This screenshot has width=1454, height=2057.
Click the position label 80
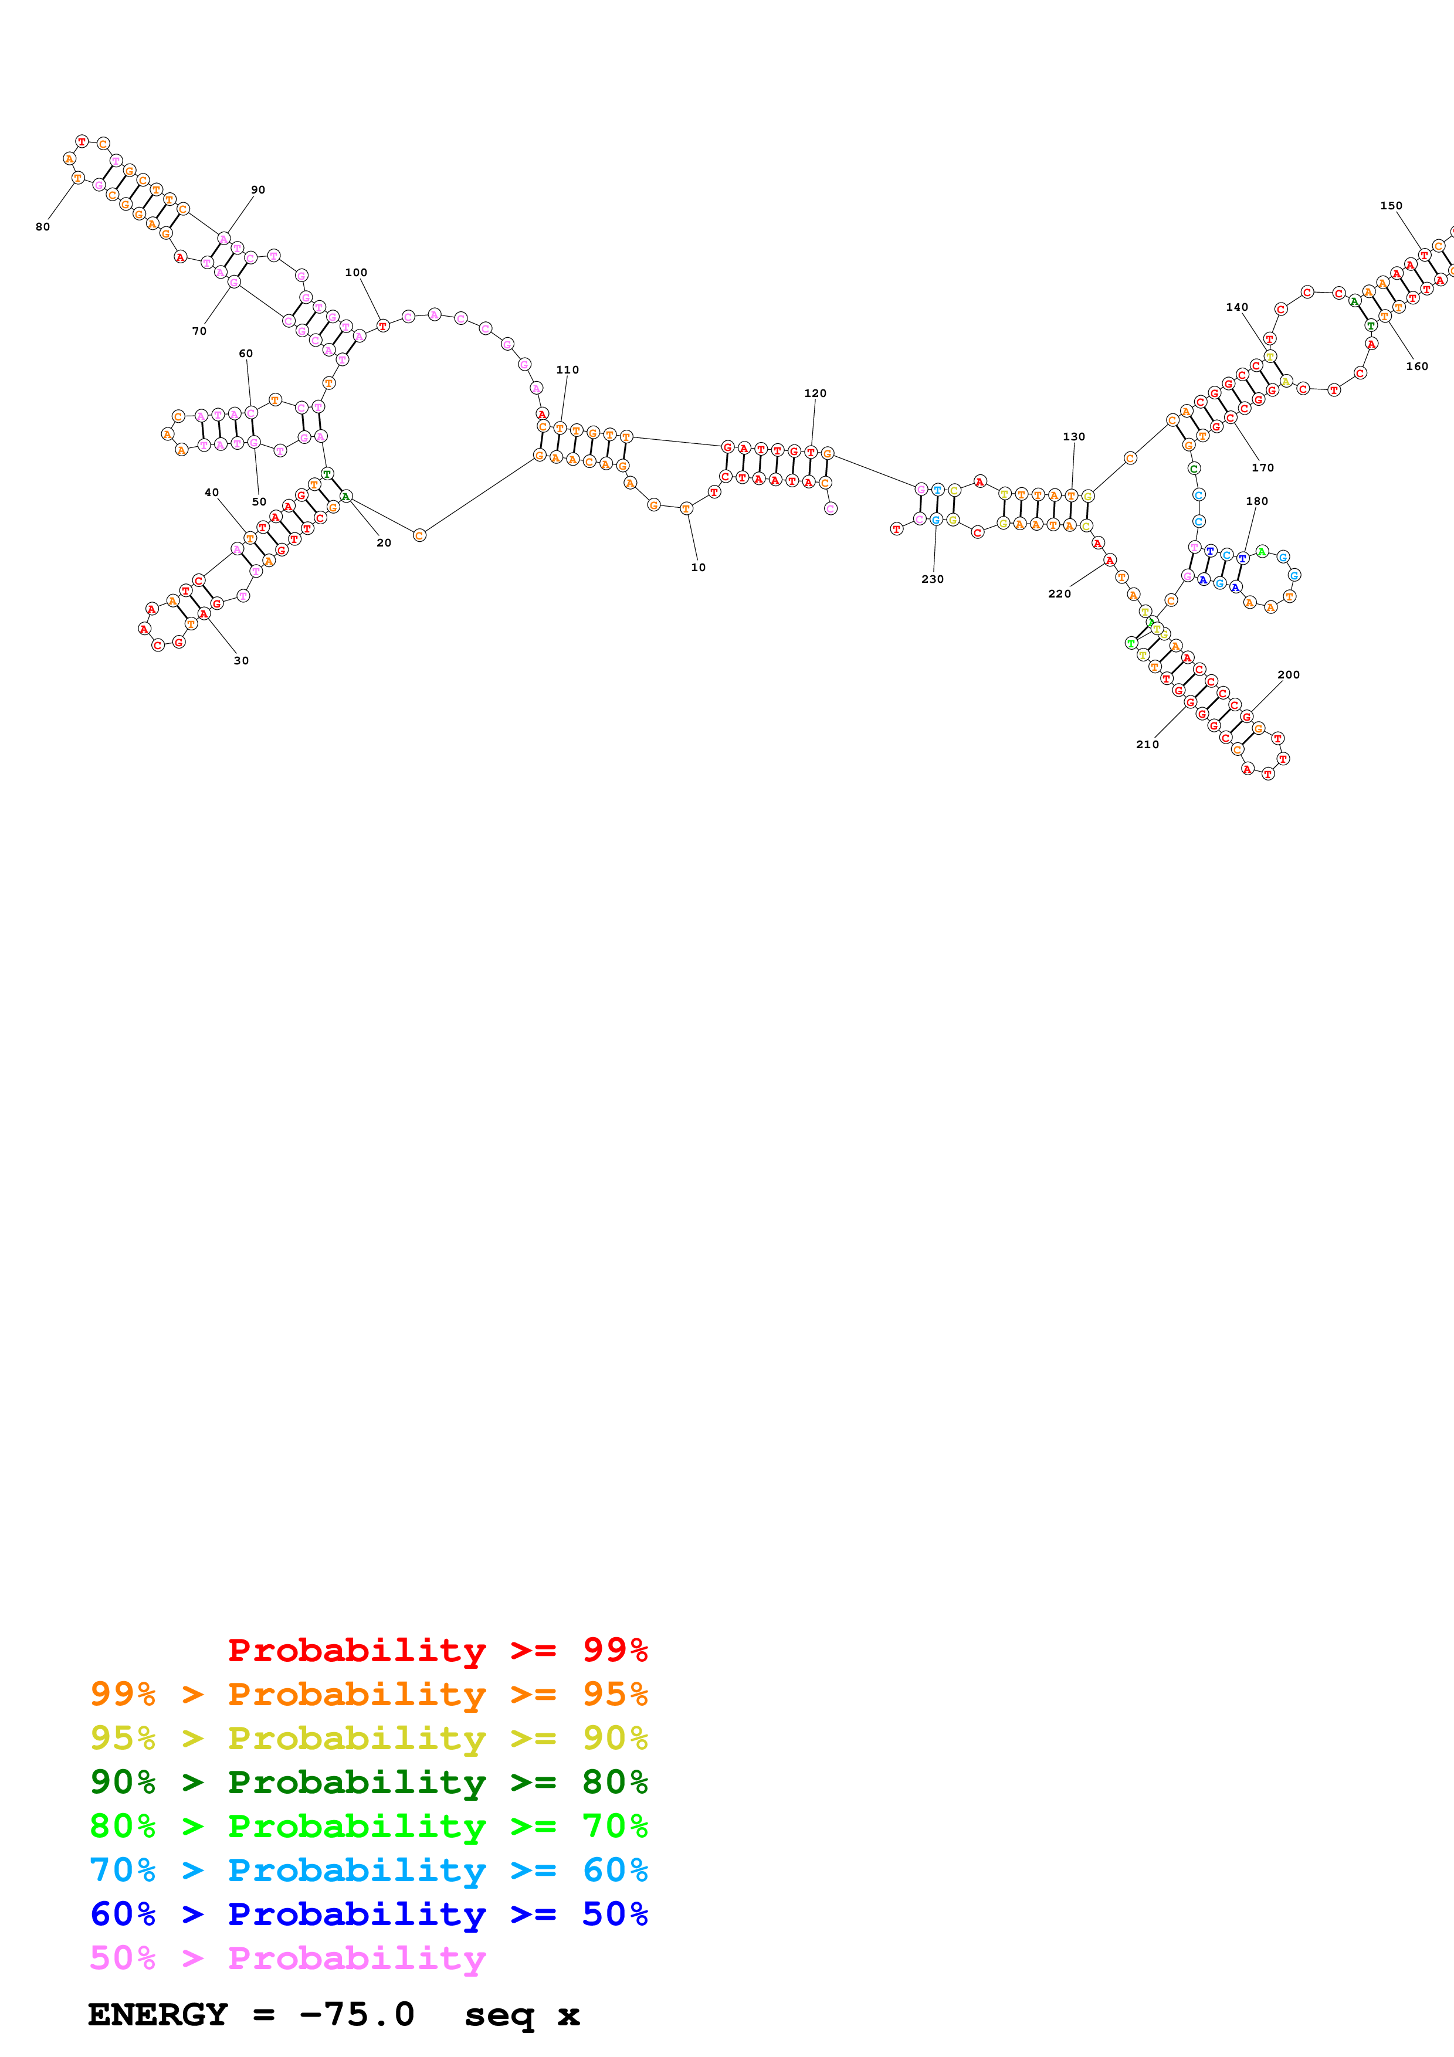point(43,227)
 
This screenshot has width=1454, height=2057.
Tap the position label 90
point(258,190)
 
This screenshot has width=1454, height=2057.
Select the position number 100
point(355,272)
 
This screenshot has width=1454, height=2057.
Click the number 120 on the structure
point(815,393)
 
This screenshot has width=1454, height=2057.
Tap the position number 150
point(1391,205)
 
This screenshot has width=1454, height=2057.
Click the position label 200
point(1288,674)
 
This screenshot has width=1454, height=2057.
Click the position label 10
point(698,567)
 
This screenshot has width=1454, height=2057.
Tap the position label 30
point(241,660)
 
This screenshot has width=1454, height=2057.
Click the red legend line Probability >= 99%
point(437,1649)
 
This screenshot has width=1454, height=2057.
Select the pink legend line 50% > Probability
point(287,1957)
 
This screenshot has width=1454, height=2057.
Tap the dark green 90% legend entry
point(368,1782)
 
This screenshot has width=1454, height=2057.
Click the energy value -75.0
point(357,2014)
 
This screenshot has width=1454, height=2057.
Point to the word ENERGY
point(158,2014)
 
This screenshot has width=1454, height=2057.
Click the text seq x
point(521,2014)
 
